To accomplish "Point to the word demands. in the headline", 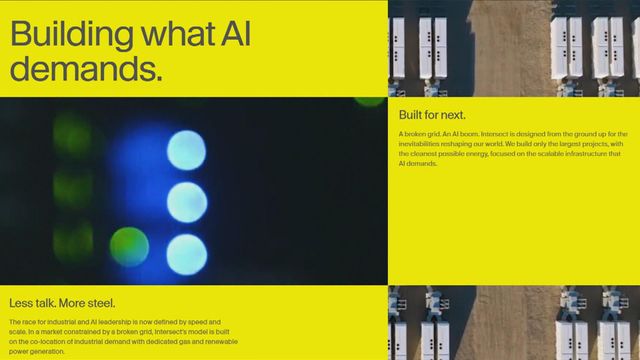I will [86, 69].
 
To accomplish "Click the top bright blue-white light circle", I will [186, 150].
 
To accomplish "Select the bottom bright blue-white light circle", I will [186, 253].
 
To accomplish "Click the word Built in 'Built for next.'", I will [411, 115].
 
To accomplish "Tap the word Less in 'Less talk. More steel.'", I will [21, 303].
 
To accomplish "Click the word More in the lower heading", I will [70, 303].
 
